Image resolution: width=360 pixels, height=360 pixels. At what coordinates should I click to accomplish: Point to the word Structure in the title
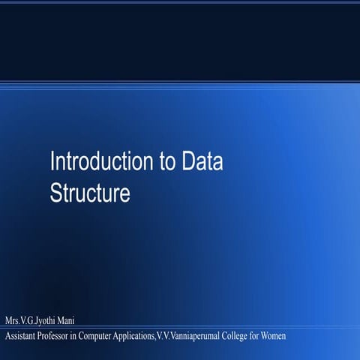[90, 193]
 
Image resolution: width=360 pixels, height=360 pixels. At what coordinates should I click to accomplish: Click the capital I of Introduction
[52, 161]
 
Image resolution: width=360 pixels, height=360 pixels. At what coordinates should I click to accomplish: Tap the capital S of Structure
[55, 193]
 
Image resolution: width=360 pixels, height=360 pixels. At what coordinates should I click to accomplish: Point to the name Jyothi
[41, 322]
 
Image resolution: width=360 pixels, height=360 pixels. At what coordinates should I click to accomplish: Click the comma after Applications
[155, 337]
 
